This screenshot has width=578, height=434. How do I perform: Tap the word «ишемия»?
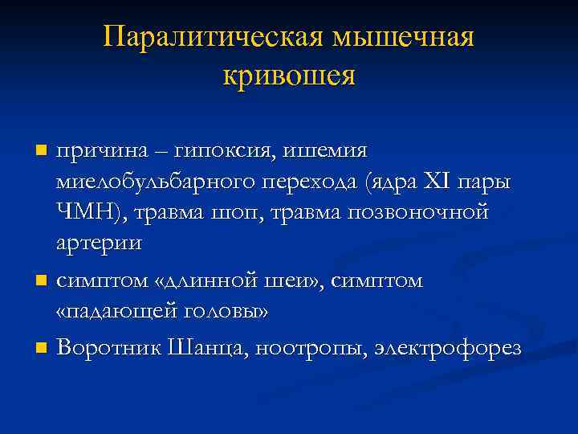tap(328, 150)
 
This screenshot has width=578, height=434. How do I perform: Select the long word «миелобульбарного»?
tap(154, 182)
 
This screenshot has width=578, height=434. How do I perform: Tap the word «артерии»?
tap(100, 244)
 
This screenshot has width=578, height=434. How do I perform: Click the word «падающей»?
tap(128, 312)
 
